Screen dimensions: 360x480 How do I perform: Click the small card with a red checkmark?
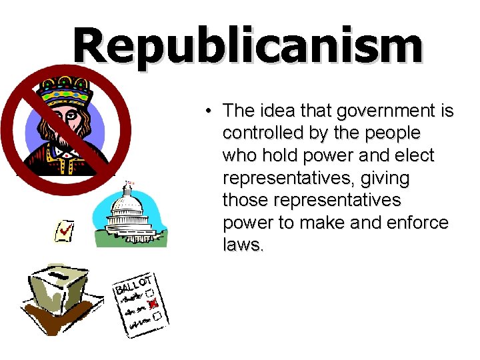pos(64,231)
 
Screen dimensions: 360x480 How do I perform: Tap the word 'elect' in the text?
pos(417,156)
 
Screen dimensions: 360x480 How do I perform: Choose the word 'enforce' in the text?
pos(419,223)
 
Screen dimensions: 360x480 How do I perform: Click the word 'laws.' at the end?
pos(243,246)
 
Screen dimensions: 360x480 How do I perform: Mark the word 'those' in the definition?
pos(244,201)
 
